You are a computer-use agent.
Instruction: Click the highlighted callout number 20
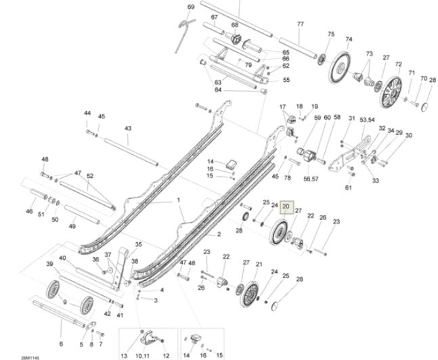[x=286, y=206]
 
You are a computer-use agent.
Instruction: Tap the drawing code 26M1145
[x=30, y=358]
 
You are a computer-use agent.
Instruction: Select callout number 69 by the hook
[x=191, y=7]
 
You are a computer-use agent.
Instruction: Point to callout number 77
[x=301, y=24]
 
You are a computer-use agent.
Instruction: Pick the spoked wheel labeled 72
[x=391, y=92]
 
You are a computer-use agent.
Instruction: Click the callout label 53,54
[x=367, y=120]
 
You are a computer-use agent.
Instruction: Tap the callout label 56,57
[x=311, y=179]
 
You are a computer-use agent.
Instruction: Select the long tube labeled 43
[x=131, y=152]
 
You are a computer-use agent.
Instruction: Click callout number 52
[x=90, y=176]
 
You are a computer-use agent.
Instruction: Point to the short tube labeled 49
[x=82, y=215]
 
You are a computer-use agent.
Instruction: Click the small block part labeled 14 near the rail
[x=232, y=164]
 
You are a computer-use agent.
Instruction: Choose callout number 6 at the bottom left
[x=61, y=344]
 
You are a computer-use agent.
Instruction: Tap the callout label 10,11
[x=142, y=356]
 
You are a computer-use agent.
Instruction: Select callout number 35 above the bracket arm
[x=139, y=244]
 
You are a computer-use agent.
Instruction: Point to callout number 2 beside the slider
[x=219, y=234]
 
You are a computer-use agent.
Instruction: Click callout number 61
[x=349, y=187]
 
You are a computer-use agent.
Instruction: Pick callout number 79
[x=248, y=65]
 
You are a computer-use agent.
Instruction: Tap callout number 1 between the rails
[x=179, y=200]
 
